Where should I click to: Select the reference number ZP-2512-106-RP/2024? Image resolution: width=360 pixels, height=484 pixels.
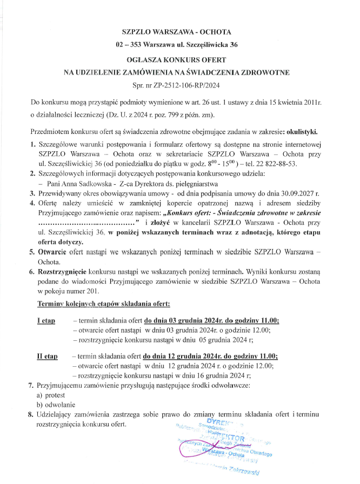184,85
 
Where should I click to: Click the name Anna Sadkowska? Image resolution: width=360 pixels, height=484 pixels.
83,183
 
